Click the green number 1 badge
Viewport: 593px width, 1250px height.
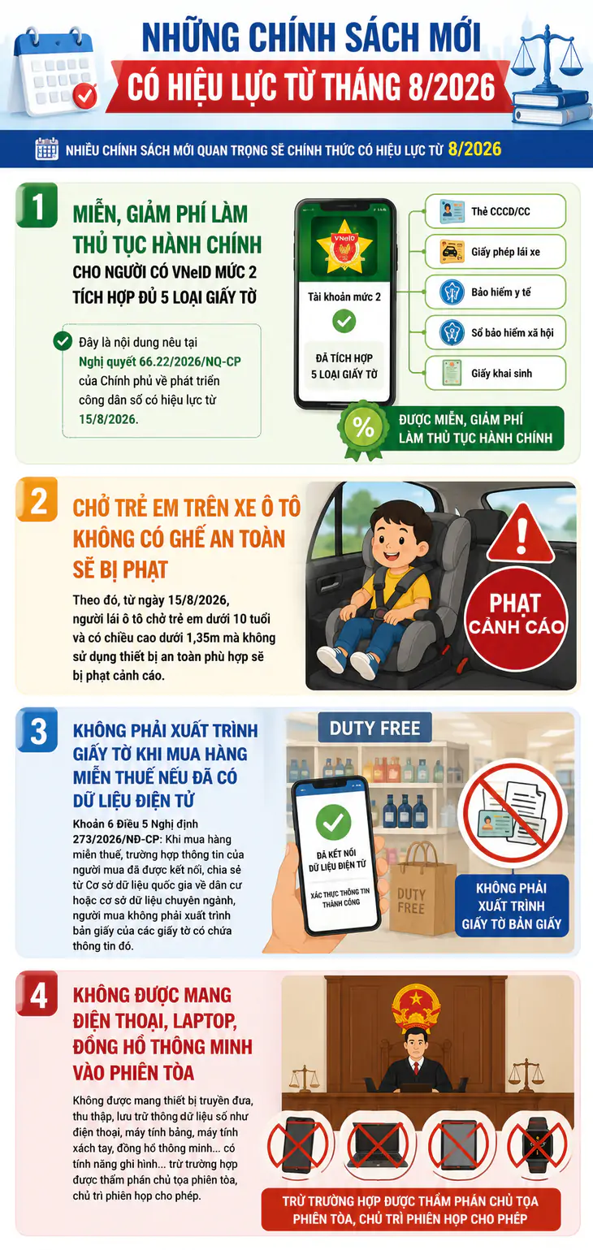coord(37,205)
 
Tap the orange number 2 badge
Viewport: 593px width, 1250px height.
coord(37,500)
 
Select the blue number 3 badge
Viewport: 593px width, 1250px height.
coord(37,730)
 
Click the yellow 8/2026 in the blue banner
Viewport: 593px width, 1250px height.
coord(474,149)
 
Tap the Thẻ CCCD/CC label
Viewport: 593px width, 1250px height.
coord(500,211)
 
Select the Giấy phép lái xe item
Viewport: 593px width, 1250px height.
coord(496,252)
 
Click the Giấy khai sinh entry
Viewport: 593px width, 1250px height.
coord(496,373)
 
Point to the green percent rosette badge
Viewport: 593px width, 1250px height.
coord(364,429)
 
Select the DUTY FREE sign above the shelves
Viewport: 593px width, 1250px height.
coord(374,728)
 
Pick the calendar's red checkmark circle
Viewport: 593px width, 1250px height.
coord(84,95)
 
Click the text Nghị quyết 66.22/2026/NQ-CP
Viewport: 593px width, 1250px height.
coord(159,361)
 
